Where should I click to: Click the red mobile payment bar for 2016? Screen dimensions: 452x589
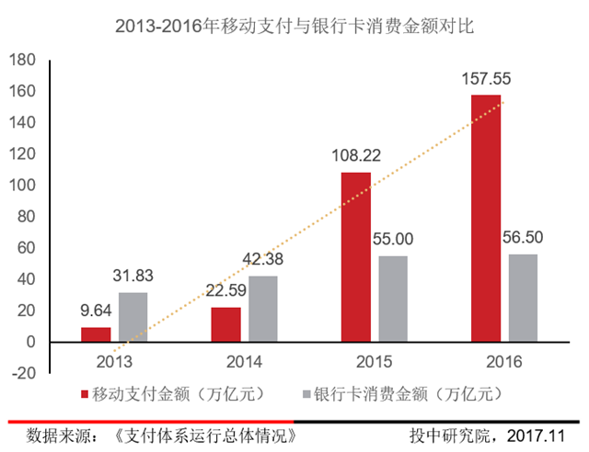[486, 219]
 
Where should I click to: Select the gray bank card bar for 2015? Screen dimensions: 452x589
[394, 299]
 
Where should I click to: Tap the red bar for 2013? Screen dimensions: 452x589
[96, 334]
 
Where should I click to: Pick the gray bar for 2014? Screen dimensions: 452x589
[262, 309]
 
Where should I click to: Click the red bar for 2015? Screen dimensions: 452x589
[356, 257]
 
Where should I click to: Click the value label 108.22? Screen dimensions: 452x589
[356, 157]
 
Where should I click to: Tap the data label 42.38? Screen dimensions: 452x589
[264, 260]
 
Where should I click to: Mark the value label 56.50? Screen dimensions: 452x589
[524, 237]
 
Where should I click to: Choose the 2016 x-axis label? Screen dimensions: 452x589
[504, 360]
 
